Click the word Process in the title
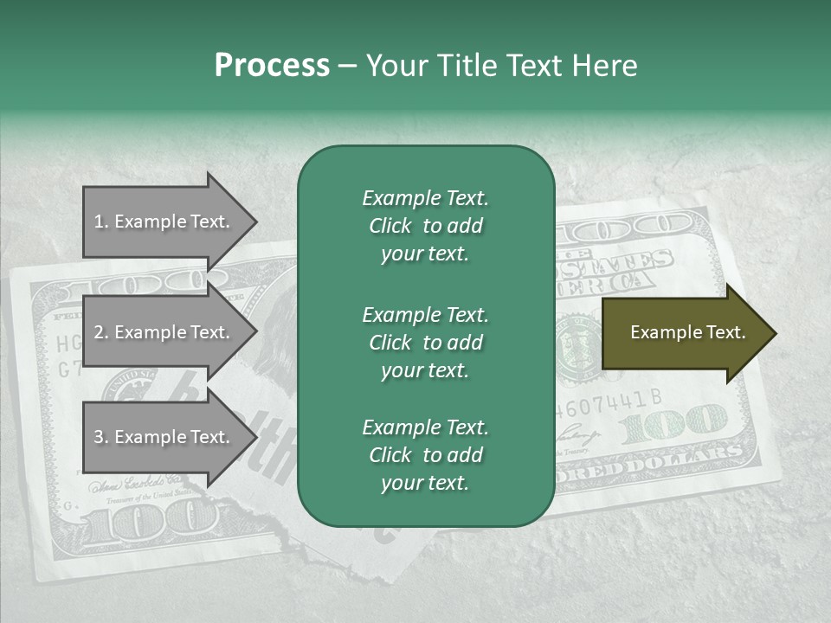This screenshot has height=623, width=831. click(x=272, y=66)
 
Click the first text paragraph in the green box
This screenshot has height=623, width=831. click(x=425, y=226)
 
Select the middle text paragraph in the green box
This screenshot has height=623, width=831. click(x=425, y=343)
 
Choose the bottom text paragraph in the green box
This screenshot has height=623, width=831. click(x=425, y=455)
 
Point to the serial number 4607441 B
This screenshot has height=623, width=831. click(x=609, y=401)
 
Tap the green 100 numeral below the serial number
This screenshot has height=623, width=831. click(x=675, y=423)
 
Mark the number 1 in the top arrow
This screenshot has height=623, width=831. click(x=99, y=222)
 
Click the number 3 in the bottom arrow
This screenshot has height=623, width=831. click(x=99, y=437)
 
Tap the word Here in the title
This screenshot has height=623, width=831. click(x=608, y=66)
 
